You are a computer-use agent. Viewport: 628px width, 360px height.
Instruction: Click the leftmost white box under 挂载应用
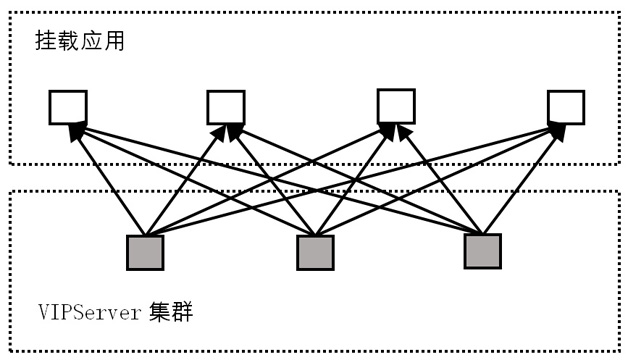point(68,107)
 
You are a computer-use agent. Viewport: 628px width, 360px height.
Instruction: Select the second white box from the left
point(226,107)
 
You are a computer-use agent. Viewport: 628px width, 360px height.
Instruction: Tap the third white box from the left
point(395,106)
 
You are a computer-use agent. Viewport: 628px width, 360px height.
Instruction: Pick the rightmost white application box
point(565,107)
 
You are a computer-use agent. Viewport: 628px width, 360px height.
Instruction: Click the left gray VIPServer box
point(145,252)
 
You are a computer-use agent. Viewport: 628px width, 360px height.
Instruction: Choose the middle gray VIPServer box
point(314,253)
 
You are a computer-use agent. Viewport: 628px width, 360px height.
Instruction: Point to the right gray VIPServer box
point(482,252)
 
